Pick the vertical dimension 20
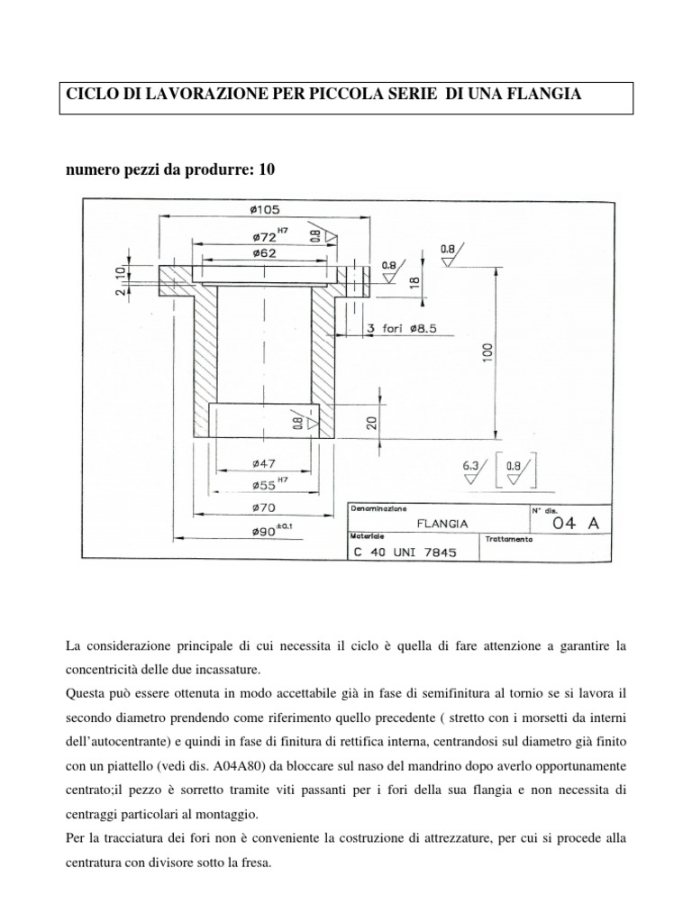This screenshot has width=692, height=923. point(369,423)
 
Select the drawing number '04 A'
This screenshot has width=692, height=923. point(569,523)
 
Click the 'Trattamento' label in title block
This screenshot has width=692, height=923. point(509,539)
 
